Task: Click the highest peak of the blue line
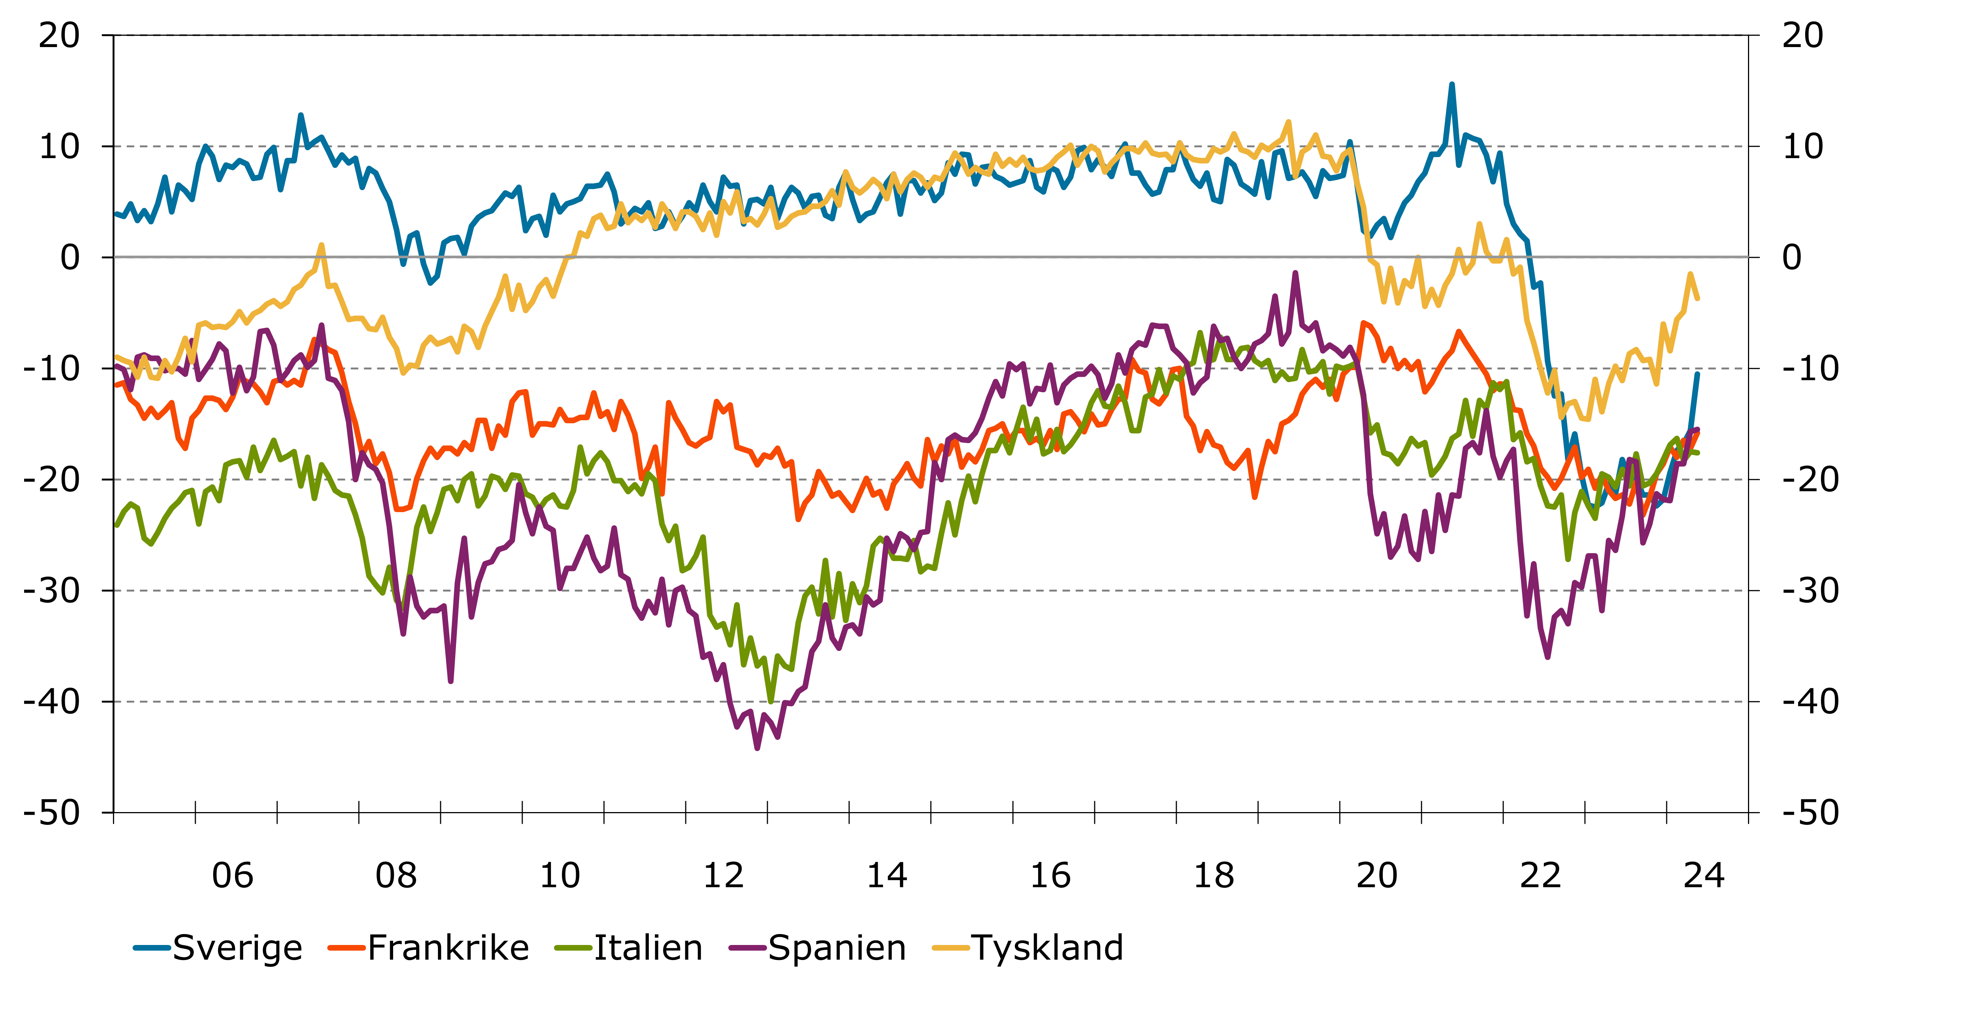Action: (1452, 85)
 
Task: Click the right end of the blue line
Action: (1697, 373)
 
